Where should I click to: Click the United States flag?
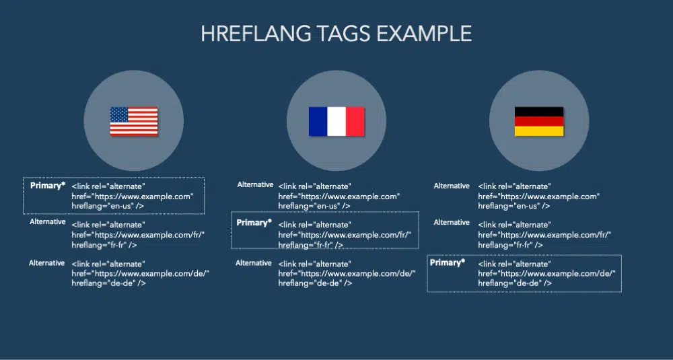click(x=134, y=121)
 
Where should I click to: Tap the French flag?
click(x=336, y=121)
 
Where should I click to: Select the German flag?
click(x=539, y=121)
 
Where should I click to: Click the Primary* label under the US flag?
click(x=48, y=186)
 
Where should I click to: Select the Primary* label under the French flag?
click(x=254, y=223)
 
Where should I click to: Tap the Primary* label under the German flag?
click(x=448, y=262)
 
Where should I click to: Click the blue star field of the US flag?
click(x=119, y=114)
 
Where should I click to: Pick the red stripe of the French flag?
click(x=355, y=121)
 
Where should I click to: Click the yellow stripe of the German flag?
click(x=539, y=131)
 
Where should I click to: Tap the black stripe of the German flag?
click(x=539, y=112)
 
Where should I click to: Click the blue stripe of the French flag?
click(x=318, y=121)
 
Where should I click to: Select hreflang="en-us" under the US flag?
click(x=108, y=206)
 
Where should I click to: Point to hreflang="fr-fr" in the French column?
click(x=311, y=245)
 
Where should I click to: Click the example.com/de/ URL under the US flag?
click(x=141, y=273)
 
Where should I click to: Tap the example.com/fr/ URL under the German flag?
click(x=544, y=235)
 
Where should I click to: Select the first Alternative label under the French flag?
click(x=255, y=184)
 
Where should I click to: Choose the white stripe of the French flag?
click(x=336, y=121)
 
